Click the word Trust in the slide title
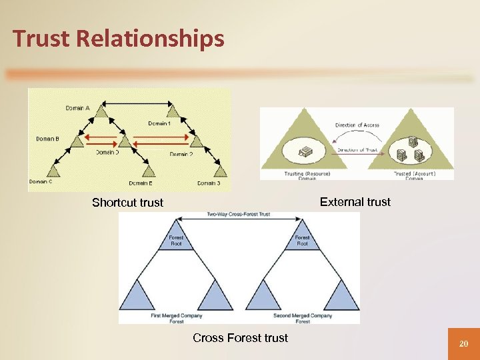click(x=42, y=39)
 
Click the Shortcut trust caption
click(x=127, y=203)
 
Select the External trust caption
click(x=355, y=201)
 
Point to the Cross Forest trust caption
click(x=240, y=337)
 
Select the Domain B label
click(x=48, y=139)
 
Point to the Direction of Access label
click(x=357, y=125)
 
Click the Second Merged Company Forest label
click(x=303, y=318)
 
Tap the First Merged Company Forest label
click(x=177, y=318)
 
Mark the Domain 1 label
click(x=159, y=123)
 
